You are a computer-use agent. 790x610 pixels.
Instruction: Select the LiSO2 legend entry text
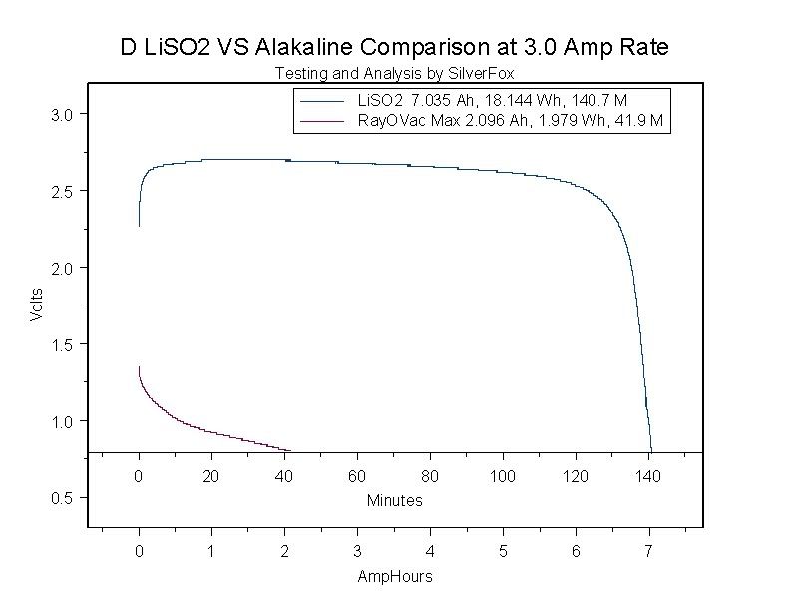[492, 101]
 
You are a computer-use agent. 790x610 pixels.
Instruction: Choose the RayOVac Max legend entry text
[510, 120]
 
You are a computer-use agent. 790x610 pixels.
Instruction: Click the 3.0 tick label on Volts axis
[62, 114]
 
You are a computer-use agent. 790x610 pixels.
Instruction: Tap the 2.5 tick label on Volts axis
[62, 191]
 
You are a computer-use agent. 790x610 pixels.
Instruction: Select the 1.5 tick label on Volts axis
[62, 344]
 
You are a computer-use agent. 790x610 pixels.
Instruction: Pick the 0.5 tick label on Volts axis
[62, 497]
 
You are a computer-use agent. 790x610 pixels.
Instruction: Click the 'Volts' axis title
[37, 304]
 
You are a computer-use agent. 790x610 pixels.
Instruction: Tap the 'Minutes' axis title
[394, 500]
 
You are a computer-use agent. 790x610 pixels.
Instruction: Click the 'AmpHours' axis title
[394, 577]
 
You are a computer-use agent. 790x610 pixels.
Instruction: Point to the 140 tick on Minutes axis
[649, 476]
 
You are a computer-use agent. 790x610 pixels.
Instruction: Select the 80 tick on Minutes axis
[430, 476]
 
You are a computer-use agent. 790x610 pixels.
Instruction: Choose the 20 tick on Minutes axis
[211, 476]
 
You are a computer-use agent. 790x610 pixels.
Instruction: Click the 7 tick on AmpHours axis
[649, 550]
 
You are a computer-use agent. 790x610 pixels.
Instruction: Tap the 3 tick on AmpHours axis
[357, 550]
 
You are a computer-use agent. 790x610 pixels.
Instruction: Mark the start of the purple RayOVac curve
[139, 368]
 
